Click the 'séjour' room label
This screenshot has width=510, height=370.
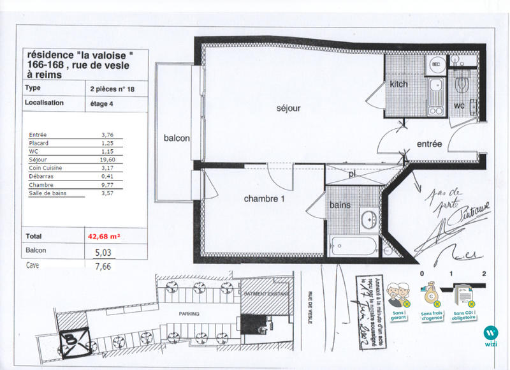click(x=288, y=108)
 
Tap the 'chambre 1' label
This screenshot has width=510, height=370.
click(x=264, y=199)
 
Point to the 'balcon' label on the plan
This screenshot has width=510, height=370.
click(x=177, y=138)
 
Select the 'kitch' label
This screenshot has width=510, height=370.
click(x=399, y=84)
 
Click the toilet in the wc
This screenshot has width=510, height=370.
click(x=463, y=84)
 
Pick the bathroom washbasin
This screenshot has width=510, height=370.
click(x=369, y=220)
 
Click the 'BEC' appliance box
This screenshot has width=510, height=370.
click(x=437, y=65)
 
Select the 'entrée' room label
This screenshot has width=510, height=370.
click(x=429, y=144)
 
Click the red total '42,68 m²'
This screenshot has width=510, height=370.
click(x=105, y=235)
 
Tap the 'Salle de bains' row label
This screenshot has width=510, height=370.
click(x=48, y=193)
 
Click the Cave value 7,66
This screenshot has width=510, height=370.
click(x=103, y=267)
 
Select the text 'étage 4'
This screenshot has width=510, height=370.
click(x=105, y=102)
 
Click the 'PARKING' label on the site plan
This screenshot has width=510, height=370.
click(x=189, y=314)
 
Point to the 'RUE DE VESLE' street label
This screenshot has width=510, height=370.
click(x=310, y=307)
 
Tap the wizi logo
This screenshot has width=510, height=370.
click(x=490, y=336)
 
